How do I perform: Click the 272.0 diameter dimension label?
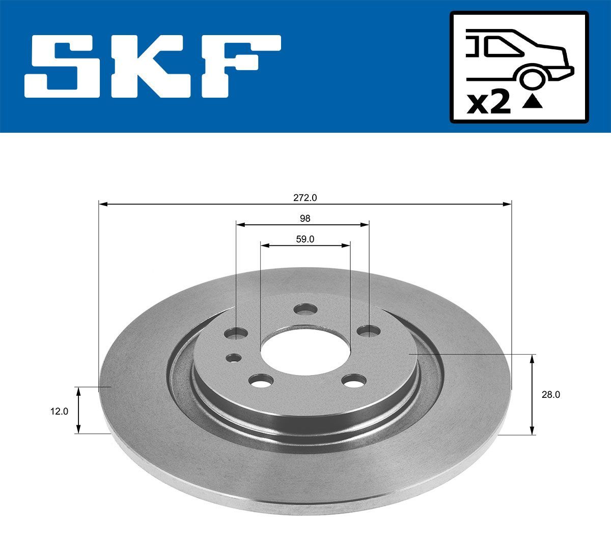[x=304, y=197]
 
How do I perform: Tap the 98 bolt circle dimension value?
[x=304, y=218]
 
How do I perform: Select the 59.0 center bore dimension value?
[x=304, y=239]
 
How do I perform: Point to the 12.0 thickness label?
[x=59, y=411]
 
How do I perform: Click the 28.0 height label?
[x=550, y=394]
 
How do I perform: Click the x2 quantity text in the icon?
[x=488, y=103]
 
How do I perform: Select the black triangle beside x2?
[x=533, y=103]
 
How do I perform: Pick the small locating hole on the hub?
[x=234, y=358]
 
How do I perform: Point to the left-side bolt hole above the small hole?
[x=236, y=333]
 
